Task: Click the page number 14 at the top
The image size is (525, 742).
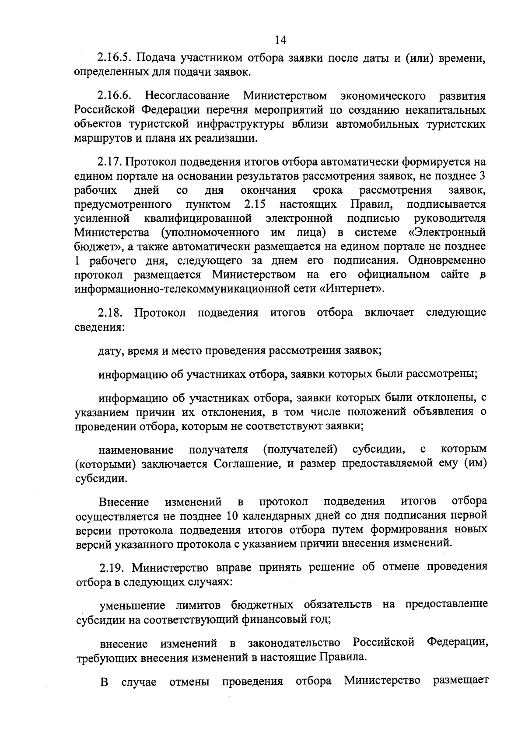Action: [280, 40]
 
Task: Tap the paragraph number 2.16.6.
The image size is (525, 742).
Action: [115, 95]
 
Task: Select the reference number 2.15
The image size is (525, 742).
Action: [255, 204]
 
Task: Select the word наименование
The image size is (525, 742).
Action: [136, 450]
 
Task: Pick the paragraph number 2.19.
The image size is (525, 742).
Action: [112, 568]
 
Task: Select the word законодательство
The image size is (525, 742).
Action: [294, 643]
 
